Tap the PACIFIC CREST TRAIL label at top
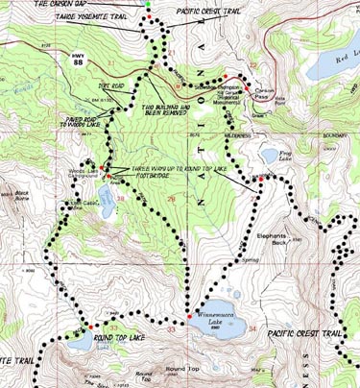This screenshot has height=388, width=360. (217, 11)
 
